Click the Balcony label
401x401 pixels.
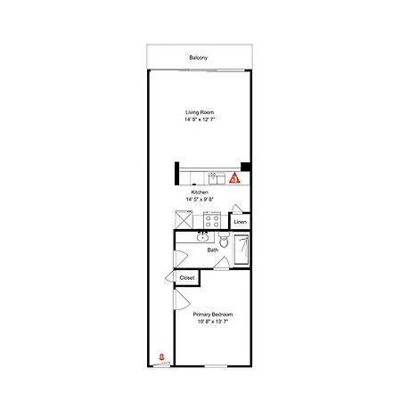pos(199,58)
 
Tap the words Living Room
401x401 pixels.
pos(200,112)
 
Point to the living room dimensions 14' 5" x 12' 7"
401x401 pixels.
pos(200,119)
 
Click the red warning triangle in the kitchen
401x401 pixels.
pos(234,178)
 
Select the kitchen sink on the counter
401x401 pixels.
pos(217,178)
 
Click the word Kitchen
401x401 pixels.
pos(200,192)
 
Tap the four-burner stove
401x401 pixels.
pos(212,220)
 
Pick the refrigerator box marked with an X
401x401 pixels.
pos(184,220)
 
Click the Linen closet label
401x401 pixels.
pos(240,222)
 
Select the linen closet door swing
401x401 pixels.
pos(237,209)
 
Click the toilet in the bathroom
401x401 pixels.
pos(224,240)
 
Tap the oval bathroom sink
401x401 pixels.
pos(202,237)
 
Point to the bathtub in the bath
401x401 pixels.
pos(241,250)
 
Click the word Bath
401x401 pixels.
pos(213,250)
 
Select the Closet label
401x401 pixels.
pos(187,278)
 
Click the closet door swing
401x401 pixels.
pos(170,276)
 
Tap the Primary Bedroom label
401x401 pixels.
pos(213,315)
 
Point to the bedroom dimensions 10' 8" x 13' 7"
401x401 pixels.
pos(213,322)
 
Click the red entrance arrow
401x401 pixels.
pos(162,356)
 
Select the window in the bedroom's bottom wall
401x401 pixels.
pos(216,366)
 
